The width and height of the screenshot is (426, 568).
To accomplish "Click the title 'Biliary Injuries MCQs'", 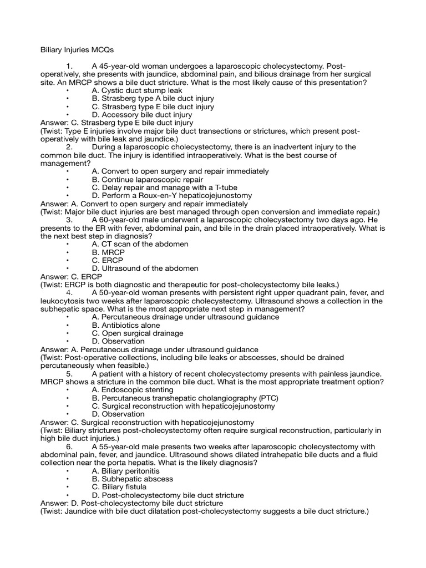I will [x=78, y=49].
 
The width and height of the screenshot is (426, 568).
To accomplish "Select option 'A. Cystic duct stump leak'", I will [x=136, y=90].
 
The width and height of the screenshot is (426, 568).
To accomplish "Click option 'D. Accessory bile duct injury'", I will [x=142, y=115].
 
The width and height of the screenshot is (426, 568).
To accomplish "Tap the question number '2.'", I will [x=69, y=147].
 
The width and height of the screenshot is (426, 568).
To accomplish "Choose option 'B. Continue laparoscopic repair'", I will [x=147, y=180].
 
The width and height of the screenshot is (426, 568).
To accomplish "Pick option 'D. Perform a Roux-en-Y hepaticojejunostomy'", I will [x=171, y=196].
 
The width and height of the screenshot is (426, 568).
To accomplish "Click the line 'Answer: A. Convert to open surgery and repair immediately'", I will [x=144, y=204].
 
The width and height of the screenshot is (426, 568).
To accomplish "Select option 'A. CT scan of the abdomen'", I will [x=140, y=244].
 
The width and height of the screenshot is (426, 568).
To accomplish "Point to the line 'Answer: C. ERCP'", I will [x=70, y=276].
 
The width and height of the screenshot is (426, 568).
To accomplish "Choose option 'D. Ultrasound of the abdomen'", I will [x=145, y=268].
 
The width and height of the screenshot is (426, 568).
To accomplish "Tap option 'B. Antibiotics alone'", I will [x=126, y=325].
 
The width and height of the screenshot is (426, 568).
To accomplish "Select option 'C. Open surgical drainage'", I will [x=137, y=333].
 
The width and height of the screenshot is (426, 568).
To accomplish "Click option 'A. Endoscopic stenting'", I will [x=133, y=390].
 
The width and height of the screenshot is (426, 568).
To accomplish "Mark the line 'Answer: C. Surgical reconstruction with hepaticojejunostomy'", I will [x=147, y=422].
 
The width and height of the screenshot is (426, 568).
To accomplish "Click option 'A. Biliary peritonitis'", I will [x=129, y=471].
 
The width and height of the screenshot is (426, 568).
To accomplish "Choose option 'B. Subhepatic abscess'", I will [x=132, y=479].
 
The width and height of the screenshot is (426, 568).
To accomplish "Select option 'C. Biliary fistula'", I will [x=119, y=487].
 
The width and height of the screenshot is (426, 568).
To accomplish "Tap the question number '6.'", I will [x=69, y=447].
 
